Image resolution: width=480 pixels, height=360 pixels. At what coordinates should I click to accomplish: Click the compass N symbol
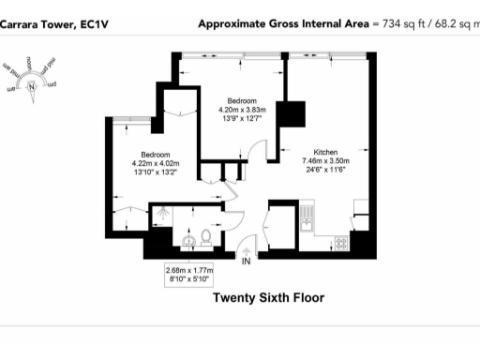(x=33, y=89)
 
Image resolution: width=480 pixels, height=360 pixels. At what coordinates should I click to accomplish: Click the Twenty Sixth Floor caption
(x=268, y=298)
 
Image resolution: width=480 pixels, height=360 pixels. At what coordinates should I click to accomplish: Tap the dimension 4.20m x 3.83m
(x=242, y=109)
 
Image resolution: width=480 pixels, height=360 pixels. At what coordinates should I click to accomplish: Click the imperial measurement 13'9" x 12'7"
(x=242, y=118)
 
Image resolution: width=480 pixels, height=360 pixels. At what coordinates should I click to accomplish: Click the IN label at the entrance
(x=247, y=262)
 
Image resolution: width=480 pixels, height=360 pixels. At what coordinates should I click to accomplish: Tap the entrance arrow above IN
(x=247, y=248)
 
